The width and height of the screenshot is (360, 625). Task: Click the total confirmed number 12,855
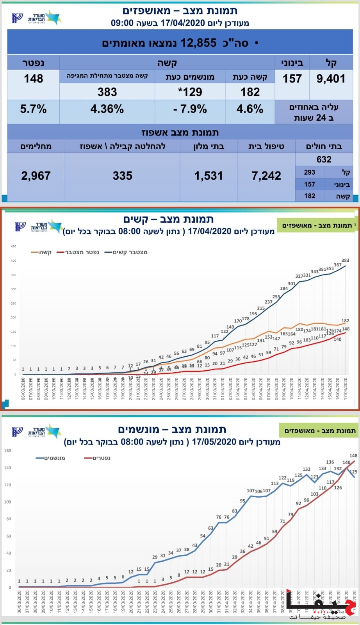[198, 43]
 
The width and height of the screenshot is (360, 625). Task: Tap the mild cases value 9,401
[331, 79]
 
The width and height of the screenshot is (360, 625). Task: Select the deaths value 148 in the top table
[34, 79]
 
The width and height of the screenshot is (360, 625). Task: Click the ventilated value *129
[190, 92]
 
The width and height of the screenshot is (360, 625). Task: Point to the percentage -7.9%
[190, 109]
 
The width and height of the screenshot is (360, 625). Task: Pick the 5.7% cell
[34, 109]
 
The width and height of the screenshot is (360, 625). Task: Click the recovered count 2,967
[36, 176]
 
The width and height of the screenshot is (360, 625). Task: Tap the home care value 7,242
[266, 176]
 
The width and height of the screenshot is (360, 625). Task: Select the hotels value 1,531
[209, 176]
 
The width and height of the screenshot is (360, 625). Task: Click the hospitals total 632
[324, 159]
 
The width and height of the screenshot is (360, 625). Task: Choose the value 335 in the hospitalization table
[123, 176]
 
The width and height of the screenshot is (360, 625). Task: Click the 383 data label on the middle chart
[345, 261]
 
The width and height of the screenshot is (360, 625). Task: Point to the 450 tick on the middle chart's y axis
[14, 246]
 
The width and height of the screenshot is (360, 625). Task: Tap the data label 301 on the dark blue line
[292, 284]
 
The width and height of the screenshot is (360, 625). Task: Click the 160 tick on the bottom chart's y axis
[8, 451]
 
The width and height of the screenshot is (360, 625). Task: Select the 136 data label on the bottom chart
[330, 462]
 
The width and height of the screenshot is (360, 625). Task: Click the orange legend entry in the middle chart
[41, 252]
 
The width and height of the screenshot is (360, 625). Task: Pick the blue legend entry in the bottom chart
[50, 458]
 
